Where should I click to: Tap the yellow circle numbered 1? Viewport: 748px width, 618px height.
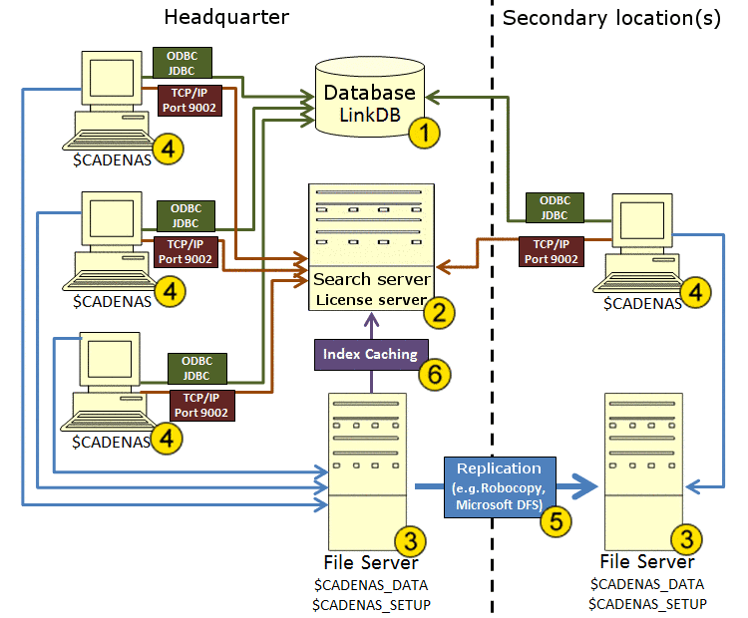426,132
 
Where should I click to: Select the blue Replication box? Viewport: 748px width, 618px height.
499,486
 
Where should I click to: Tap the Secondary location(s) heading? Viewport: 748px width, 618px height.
611,18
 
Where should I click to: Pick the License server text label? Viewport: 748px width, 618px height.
371,299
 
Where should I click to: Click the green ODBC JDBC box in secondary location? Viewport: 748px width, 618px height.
555,207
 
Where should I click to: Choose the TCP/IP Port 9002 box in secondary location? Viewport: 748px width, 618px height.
551,251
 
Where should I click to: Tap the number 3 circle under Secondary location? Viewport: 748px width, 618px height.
687,539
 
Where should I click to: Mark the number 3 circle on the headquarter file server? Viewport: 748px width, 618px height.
410,540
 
